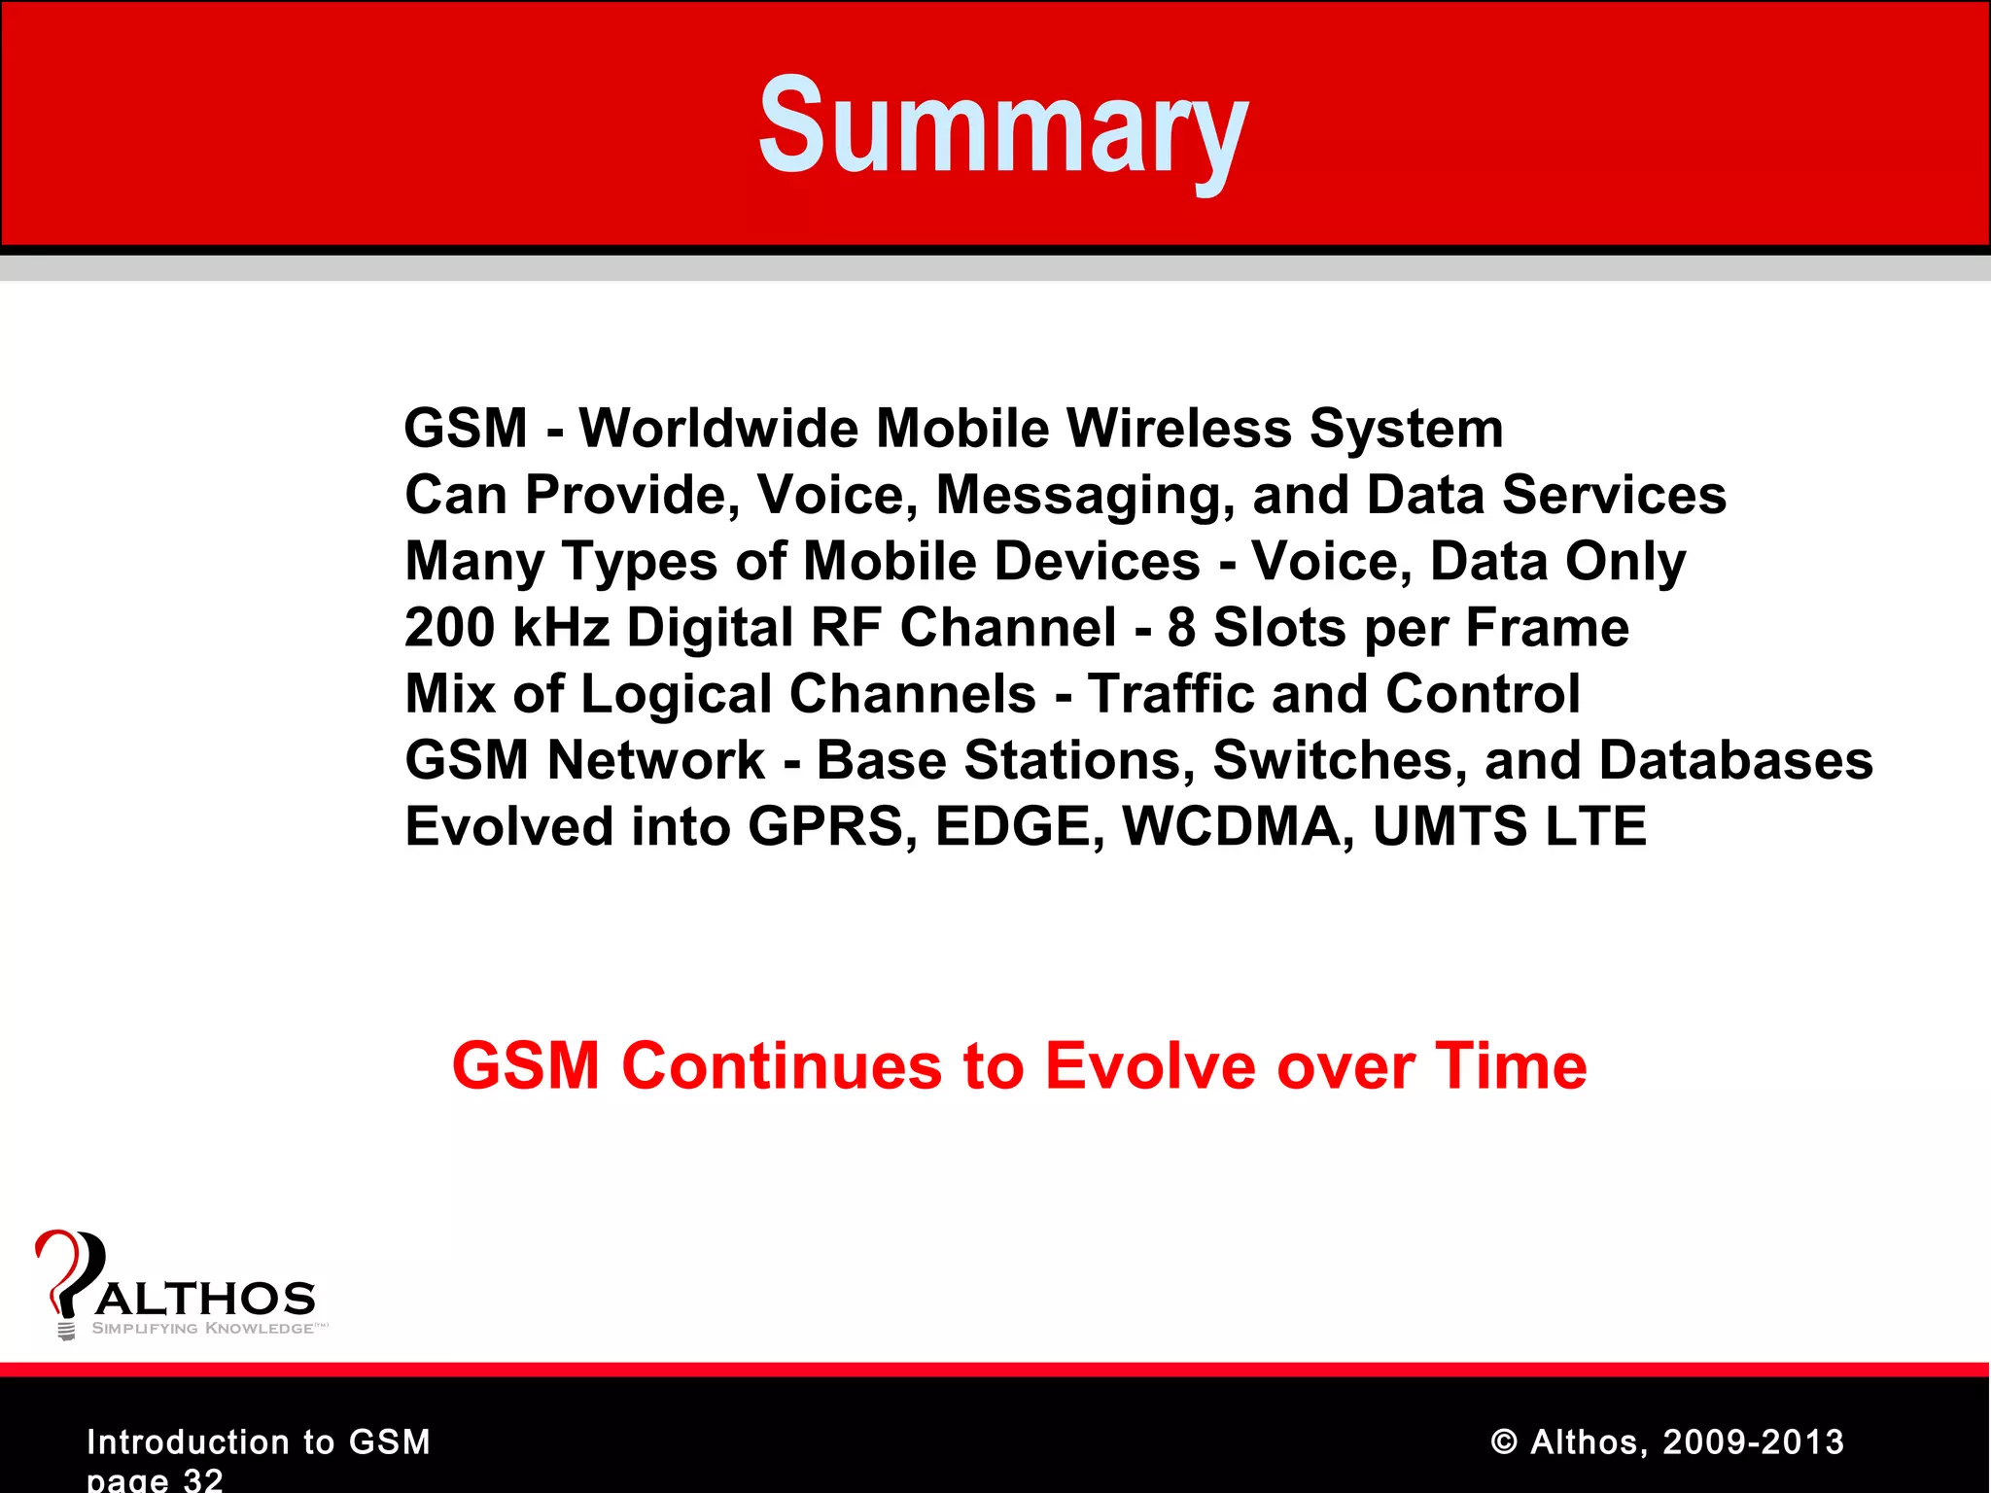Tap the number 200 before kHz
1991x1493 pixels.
[x=449, y=628]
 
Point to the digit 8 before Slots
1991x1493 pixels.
[x=1181, y=628]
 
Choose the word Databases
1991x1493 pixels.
[x=1735, y=760]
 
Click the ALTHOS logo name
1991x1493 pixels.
[x=206, y=1299]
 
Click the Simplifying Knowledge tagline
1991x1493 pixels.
[x=203, y=1329]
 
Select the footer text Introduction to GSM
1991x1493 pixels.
[x=259, y=1441]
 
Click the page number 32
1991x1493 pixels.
[x=203, y=1480]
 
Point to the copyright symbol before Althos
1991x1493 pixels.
[x=1503, y=1442]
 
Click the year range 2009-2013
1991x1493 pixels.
[x=1753, y=1441]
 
